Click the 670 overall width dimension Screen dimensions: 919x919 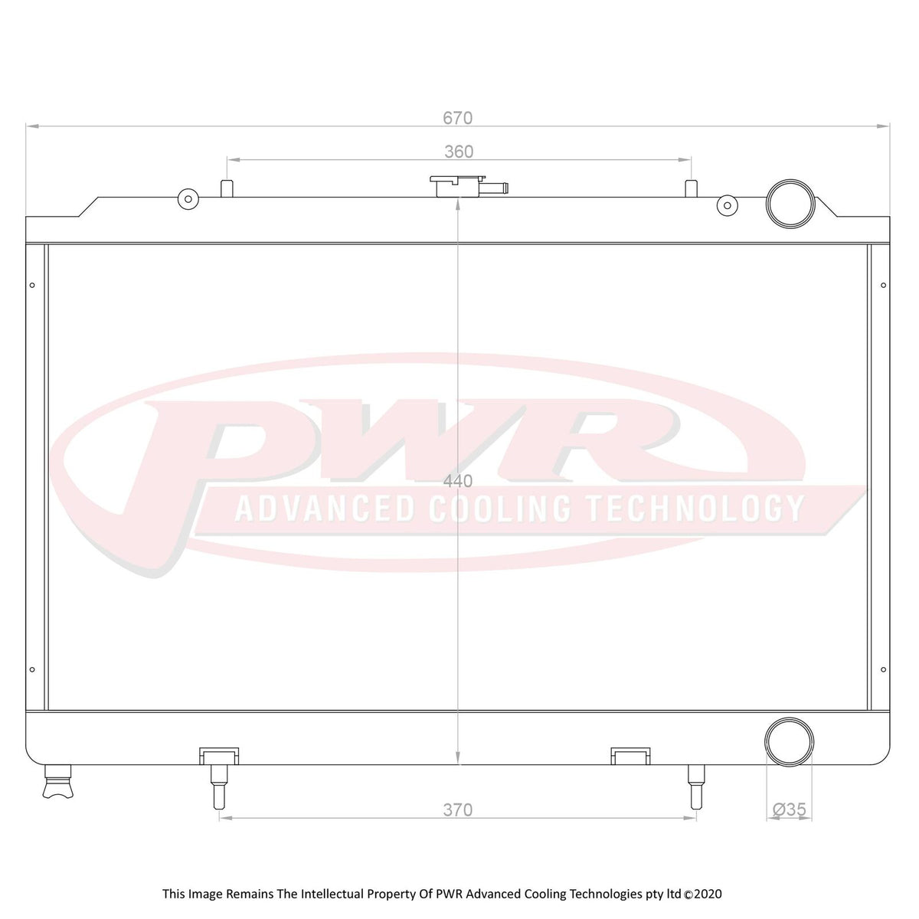click(x=457, y=118)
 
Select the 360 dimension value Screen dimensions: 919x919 click(x=459, y=152)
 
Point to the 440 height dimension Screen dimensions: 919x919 click(x=458, y=482)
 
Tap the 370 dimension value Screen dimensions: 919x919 click(x=457, y=810)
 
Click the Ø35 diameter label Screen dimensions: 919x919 click(x=790, y=809)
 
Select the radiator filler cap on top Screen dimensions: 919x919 click(x=456, y=185)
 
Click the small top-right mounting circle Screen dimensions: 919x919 click(x=727, y=204)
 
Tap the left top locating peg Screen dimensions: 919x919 click(x=227, y=188)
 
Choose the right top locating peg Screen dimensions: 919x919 click(x=691, y=188)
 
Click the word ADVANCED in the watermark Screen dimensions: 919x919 click(x=324, y=509)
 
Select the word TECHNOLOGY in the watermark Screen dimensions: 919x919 click(x=695, y=509)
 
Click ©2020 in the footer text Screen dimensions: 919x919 click(x=702, y=894)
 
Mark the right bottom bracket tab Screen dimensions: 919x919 click(x=630, y=756)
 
